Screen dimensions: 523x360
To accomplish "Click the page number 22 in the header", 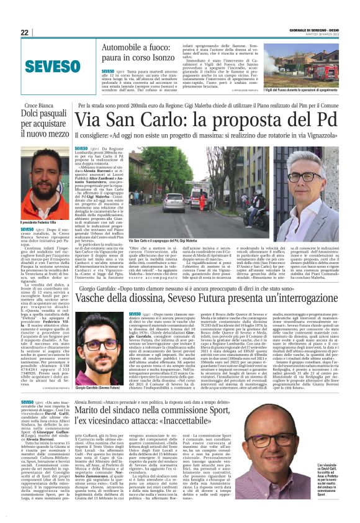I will (24, 32).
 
